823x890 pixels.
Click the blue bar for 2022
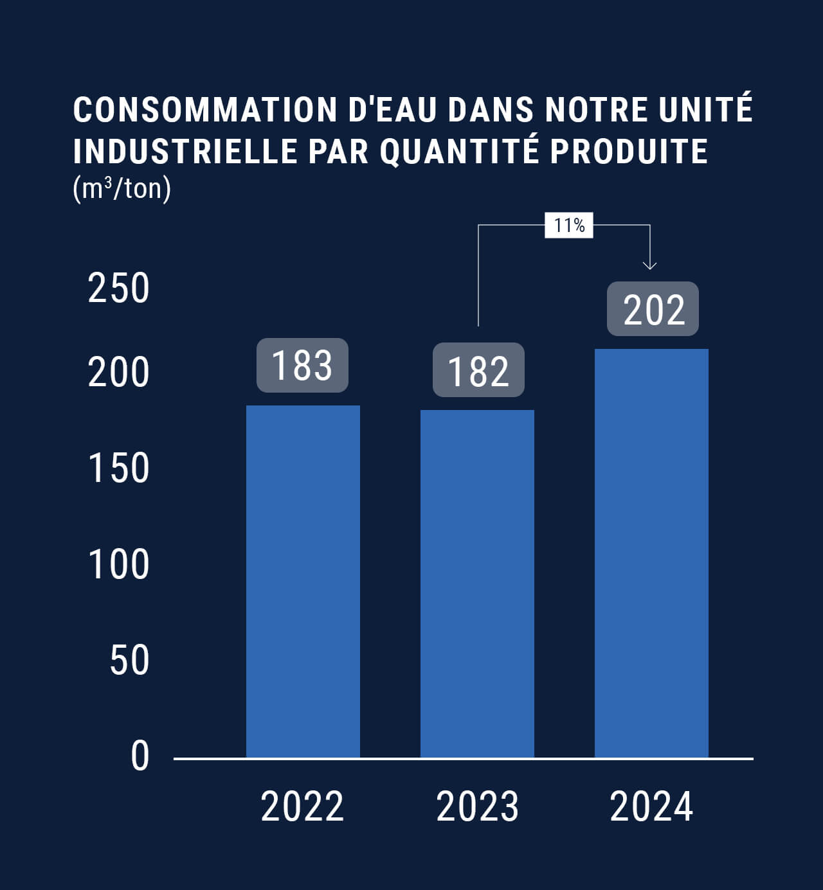point(303,581)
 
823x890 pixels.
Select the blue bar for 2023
point(477,583)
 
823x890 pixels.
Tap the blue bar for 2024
point(651,553)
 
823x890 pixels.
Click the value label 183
point(302,365)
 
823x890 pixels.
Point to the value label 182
point(478,370)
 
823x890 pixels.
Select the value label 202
point(653,308)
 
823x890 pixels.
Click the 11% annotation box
point(569,226)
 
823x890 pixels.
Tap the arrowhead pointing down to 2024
point(650,265)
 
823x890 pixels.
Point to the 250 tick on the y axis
point(119,288)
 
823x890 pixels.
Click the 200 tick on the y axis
point(119,372)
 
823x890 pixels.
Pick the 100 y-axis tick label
point(119,564)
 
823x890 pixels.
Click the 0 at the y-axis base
point(140,756)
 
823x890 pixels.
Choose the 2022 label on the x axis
point(302,806)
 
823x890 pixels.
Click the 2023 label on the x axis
point(477,806)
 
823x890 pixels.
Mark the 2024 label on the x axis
point(651,806)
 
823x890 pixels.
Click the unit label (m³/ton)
point(122,189)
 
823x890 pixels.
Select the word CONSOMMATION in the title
point(205,110)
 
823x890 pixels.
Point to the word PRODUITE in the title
point(629,151)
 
